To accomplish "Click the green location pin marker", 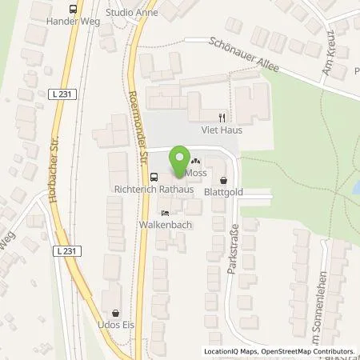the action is (x=181, y=158).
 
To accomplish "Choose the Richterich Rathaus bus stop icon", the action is (x=154, y=178).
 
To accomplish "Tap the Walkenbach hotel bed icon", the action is (x=164, y=214).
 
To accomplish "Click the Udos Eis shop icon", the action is (x=118, y=314).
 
